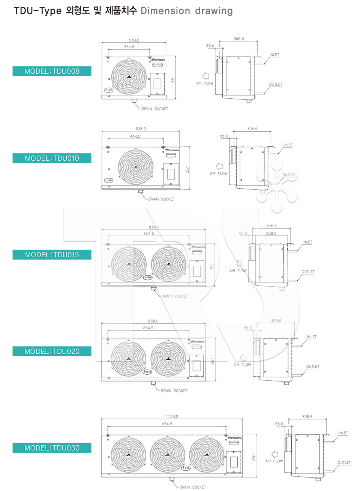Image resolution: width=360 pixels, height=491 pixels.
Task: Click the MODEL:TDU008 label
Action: [x=52, y=71]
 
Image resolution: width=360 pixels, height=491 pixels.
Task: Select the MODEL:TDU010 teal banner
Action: [x=52, y=158]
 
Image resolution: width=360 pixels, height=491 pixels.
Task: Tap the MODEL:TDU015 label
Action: [x=52, y=255]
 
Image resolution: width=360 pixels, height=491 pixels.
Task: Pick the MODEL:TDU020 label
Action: [x=52, y=351]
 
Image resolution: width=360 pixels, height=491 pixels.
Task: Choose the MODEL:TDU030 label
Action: [x=52, y=448]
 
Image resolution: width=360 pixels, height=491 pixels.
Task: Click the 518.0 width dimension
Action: [x=134, y=40]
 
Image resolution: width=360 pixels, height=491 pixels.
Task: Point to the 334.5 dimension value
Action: [x=129, y=47]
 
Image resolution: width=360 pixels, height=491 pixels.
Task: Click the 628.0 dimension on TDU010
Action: [x=141, y=129]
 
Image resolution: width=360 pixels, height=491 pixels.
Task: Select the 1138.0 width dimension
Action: [x=172, y=416]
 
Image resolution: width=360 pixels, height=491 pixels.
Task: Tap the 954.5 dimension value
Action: [x=167, y=424]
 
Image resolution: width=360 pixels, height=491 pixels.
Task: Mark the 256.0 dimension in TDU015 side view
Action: [x=271, y=233]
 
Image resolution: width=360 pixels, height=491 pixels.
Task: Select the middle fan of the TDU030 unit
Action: [x=168, y=455]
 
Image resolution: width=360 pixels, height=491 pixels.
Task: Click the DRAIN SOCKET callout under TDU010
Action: [x=161, y=199]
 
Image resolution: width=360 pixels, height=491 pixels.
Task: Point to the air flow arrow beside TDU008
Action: [x=205, y=76]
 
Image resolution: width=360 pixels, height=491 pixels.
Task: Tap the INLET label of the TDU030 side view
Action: [x=343, y=433]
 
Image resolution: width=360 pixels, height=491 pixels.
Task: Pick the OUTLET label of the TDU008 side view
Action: [x=275, y=84]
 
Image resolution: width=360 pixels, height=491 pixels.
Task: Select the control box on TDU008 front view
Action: [x=157, y=83]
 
